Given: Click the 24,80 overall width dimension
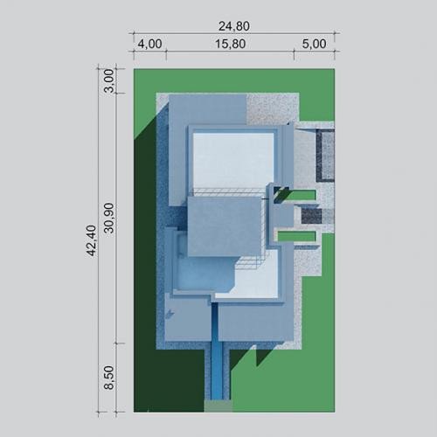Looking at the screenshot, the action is click(x=234, y=26).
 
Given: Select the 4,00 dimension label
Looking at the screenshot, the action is click(x=149, y=44).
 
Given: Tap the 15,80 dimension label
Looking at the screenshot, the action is click(x=230, y=44).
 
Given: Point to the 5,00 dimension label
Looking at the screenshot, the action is click(x=314, y=44).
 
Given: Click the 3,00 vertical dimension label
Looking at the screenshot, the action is click(x=109, y=80).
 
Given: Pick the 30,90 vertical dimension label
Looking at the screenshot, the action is click(x=109, y=218).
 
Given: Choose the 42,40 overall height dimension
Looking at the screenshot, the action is click(x=91, y=240).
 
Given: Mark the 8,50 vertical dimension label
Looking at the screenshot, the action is click(x=109, y=378).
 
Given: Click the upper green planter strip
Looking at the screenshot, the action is click(x=300, y=195).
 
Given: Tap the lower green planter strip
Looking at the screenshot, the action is click(x=296, y=236).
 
